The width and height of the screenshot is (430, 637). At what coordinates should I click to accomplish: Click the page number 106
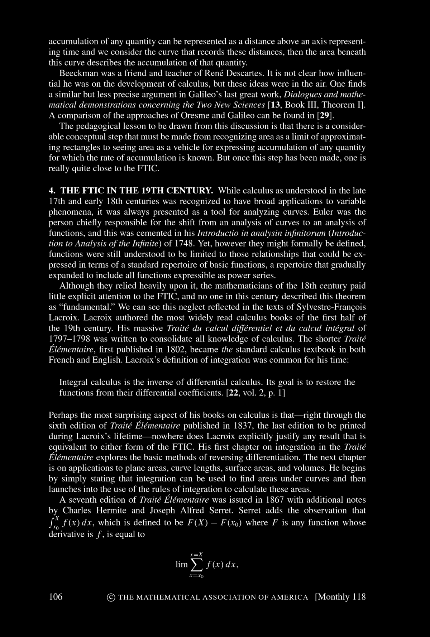[x=56, y=597]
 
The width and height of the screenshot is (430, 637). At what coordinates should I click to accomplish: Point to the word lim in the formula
[x=182, y=565]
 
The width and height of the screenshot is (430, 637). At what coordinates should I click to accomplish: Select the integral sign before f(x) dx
[x=53, y=523]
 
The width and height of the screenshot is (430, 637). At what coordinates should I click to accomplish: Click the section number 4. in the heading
[x=52, y=191]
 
